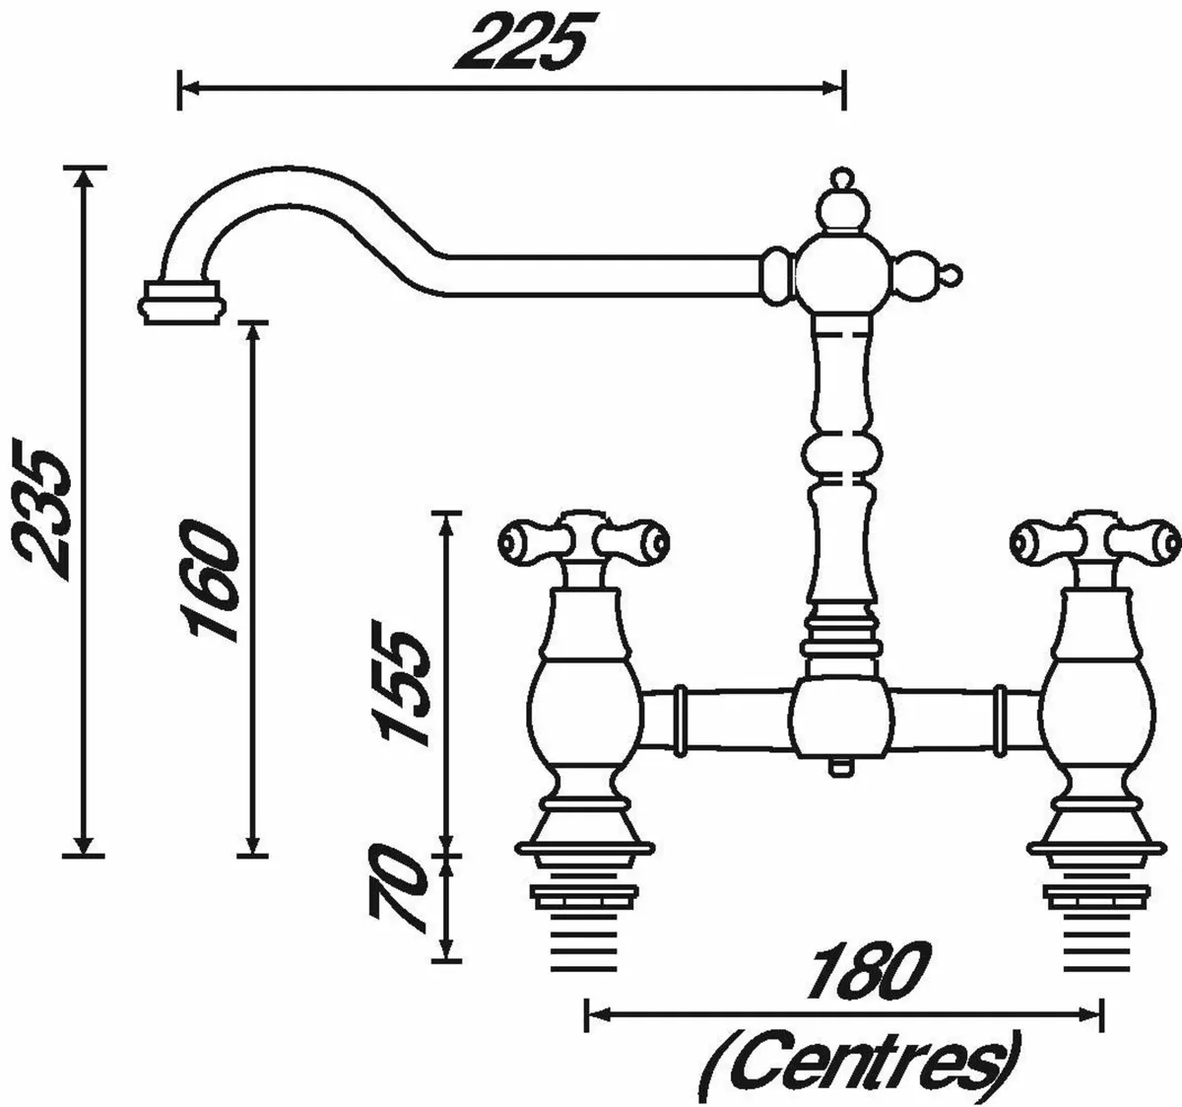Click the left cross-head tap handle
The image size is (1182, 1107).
(584, 539)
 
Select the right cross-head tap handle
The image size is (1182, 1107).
(1094, 539)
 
